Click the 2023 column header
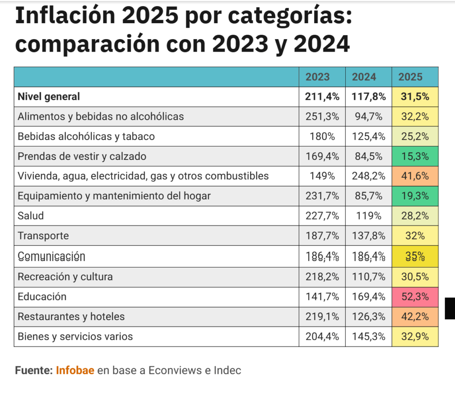pos(317,77)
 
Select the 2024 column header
pos(364,77)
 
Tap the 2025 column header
pos(410,77)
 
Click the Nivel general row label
pos(49,97)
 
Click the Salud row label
pos(31,216)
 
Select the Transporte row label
pos(43,236)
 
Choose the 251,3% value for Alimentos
pos(322,117)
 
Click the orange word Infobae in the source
pos(75,370)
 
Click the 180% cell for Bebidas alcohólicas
pos(322,137)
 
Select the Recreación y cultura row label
pos(65,277)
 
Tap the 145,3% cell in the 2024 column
pos(368,337)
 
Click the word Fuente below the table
pos(33,370)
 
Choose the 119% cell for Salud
pos(368,216)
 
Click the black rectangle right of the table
pos(450,309)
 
